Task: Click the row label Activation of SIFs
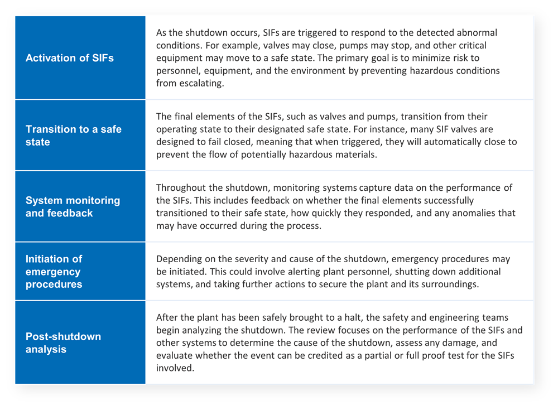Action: (x=70, y=58)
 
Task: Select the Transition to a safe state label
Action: (x=73, y=136)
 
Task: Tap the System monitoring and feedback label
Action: (x=73, y=206)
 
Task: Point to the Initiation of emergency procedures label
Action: (x=54, y=272)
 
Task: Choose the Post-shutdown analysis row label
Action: (x=63, y=343)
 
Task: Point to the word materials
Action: (x=355, y=155)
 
